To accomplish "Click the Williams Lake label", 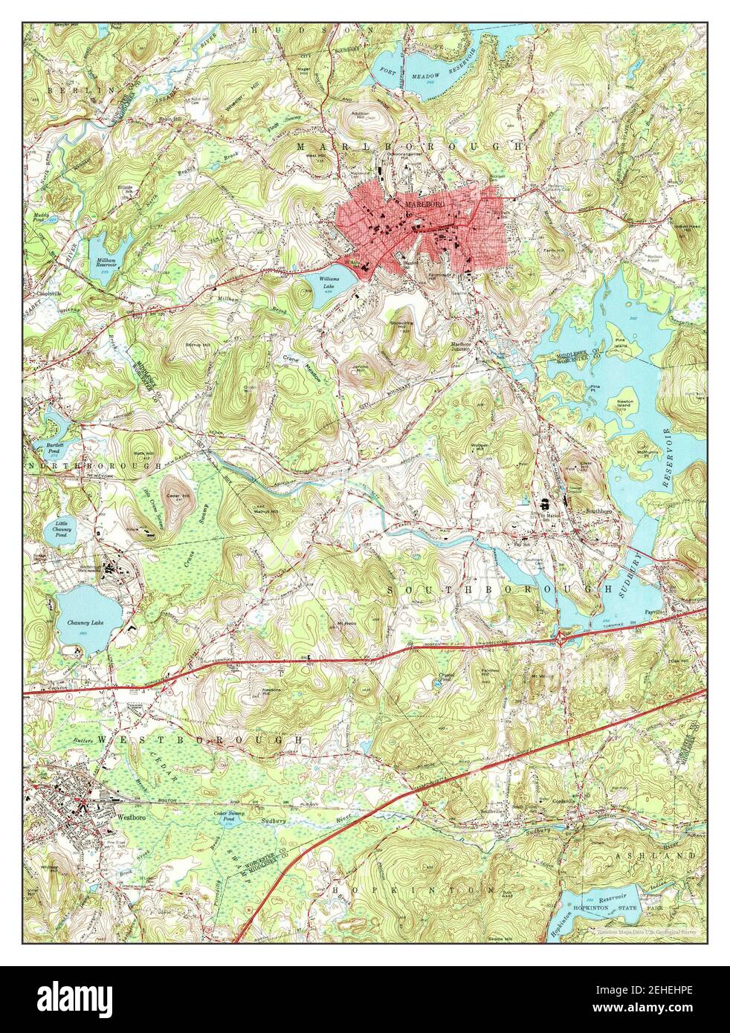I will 329,281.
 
